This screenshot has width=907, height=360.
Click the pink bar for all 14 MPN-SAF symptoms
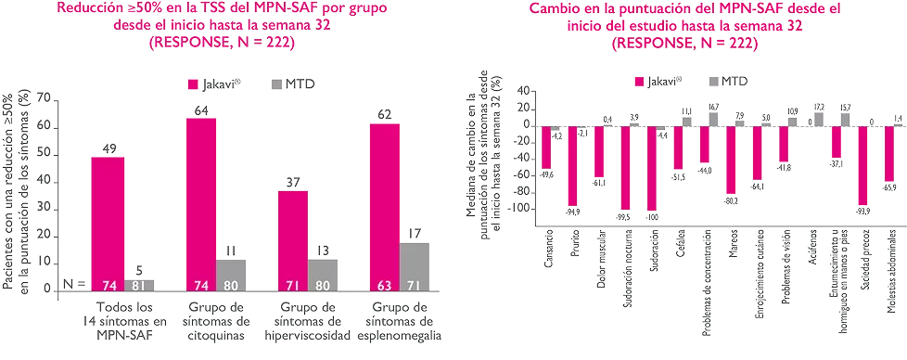pyautogui.click(x=108, y=223)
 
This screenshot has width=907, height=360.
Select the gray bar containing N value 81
pyautogui.click(x=139, y=285)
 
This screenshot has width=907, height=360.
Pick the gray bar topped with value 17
pyautogui.click(x=415, y=266)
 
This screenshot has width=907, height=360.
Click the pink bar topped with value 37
pyautogui.click(x=292, y=240)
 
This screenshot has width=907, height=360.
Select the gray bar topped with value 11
pyautogui.click(x=232, y=275)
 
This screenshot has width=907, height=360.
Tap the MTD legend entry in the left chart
pyautogui.click(x=296, y=84)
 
